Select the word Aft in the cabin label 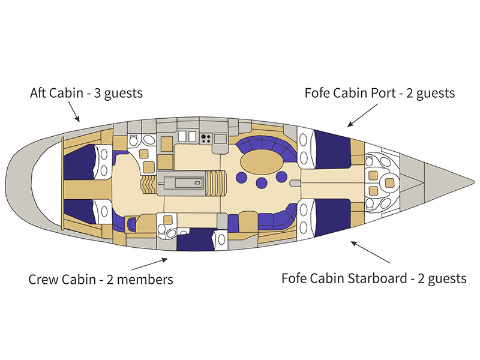[x=40, y=94]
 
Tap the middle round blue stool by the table [x=262, y=183]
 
